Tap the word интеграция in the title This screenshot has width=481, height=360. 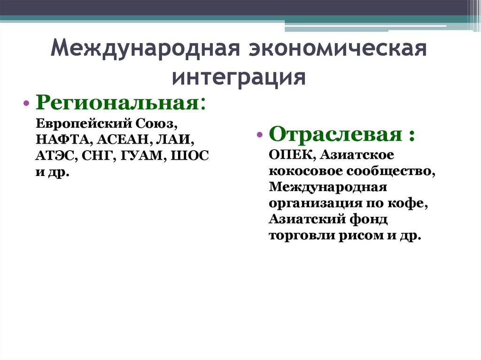(239, 77)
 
